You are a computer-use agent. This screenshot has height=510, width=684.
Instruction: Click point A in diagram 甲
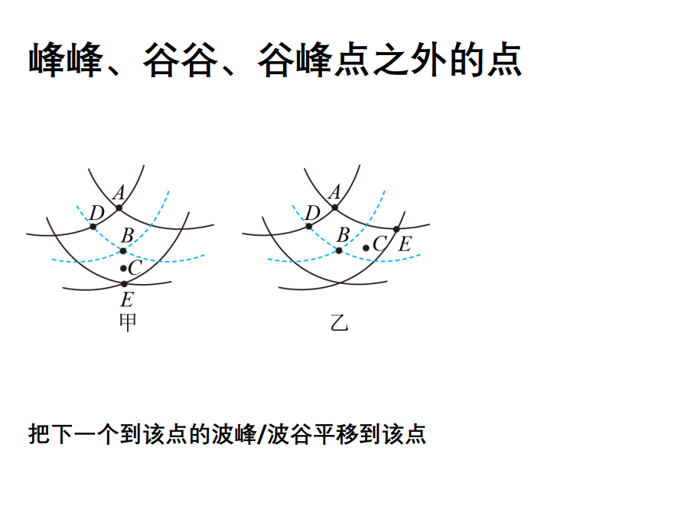click(x=119, y=208)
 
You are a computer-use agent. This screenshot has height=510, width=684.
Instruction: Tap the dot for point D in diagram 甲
click(x=93, y=226)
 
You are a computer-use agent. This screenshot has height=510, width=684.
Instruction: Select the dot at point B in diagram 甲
click(x=123, y=250)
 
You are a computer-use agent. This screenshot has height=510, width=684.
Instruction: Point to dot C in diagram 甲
click(x=123, y=268)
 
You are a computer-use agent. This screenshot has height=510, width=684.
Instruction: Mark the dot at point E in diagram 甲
click(x=124, y=284)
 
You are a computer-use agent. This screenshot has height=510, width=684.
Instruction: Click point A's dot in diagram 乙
click(x=334, y=208)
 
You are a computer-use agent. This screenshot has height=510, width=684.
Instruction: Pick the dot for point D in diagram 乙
click(x=309, y=226)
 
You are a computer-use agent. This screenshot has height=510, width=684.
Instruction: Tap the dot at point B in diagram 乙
click(x=339, y=250)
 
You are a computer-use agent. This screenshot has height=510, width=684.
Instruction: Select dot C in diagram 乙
click(x=366, y=248)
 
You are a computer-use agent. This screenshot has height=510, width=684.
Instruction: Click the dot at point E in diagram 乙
click(x=396, y=229)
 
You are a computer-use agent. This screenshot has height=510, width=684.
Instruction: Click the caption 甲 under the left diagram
click(x=127, y=322)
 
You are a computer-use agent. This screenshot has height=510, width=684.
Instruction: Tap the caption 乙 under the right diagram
click(x=339, y=323)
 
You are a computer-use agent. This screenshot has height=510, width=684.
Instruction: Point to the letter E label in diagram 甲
click(x=127, y=299)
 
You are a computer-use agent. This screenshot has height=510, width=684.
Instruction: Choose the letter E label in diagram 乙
click(x=405, y=244)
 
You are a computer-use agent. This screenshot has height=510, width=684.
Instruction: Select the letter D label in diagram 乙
click(x=312, y=212)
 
